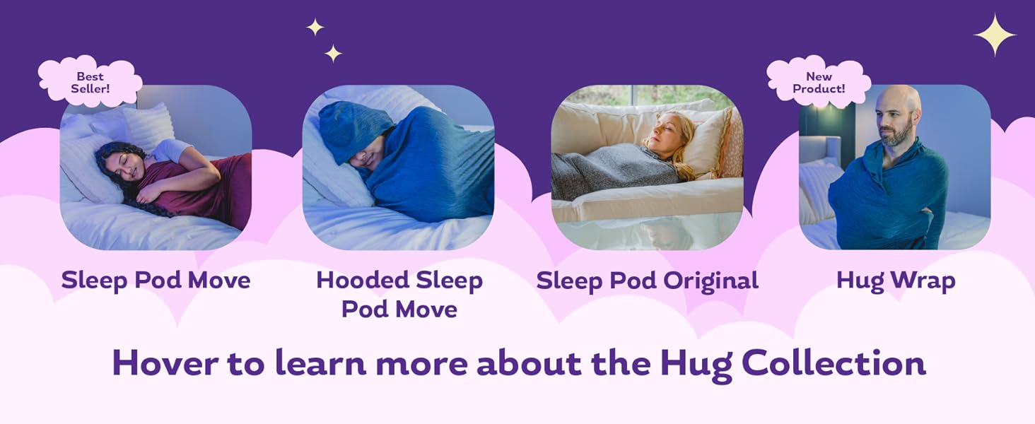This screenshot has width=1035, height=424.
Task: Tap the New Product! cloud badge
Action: pyautogui.click(x=819, y=82)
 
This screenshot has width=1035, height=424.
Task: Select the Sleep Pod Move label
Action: pyautogui.click(x=156, y=281)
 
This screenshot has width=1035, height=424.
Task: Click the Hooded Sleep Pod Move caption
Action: pyautogui.click(x=399, y=294)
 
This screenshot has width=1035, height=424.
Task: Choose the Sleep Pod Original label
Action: pyautogui.click(x=647, y=281)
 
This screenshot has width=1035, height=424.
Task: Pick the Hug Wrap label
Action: pyautogui.click(x=896, y=281)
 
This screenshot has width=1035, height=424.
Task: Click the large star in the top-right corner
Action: pyautogui.click(x=995, y=34)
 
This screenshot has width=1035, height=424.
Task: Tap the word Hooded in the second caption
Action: pyautogui.click(x=360, y=280)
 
